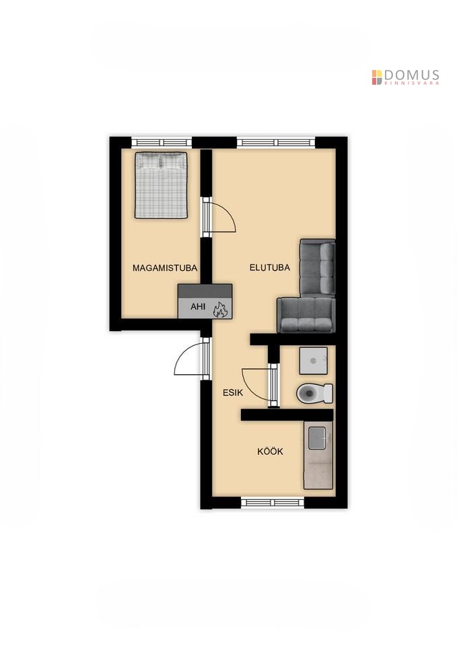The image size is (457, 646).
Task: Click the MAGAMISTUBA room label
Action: pyautogui.click(x=165, y=268)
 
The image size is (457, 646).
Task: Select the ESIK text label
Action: pyautogui.click(x=233, y=392)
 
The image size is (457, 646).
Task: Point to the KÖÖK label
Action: pyautogui.click(x=270, y=452)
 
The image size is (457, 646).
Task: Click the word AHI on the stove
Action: pyautogui.click(x=198, y=307)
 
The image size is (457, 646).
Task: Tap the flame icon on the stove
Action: pyautogui.click(x=220, y=309)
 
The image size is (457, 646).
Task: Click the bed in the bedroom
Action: pyautogui.click(x=161, y=185)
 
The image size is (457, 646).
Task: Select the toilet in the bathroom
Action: pyautogui.click(x=314, y=393)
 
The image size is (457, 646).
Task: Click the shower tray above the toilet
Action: pyautogui.click(x=314, y=361)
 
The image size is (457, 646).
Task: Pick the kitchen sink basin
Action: pyautogui.click(x=318, y=438)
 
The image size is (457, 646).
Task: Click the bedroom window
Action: pyautogui.click(x=162, y=143)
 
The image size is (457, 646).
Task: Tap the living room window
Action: pyautogui.click(x=276, y=143)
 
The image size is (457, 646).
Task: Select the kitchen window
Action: pyautogui.click(x=273, y=502)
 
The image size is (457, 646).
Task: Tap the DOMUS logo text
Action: pyautogui.click(x=412, y=75)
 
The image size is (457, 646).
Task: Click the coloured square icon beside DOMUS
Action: pyautogui.click(x=377, y=77)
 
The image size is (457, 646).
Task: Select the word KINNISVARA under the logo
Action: pyautogui.click(x=411, y=83)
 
